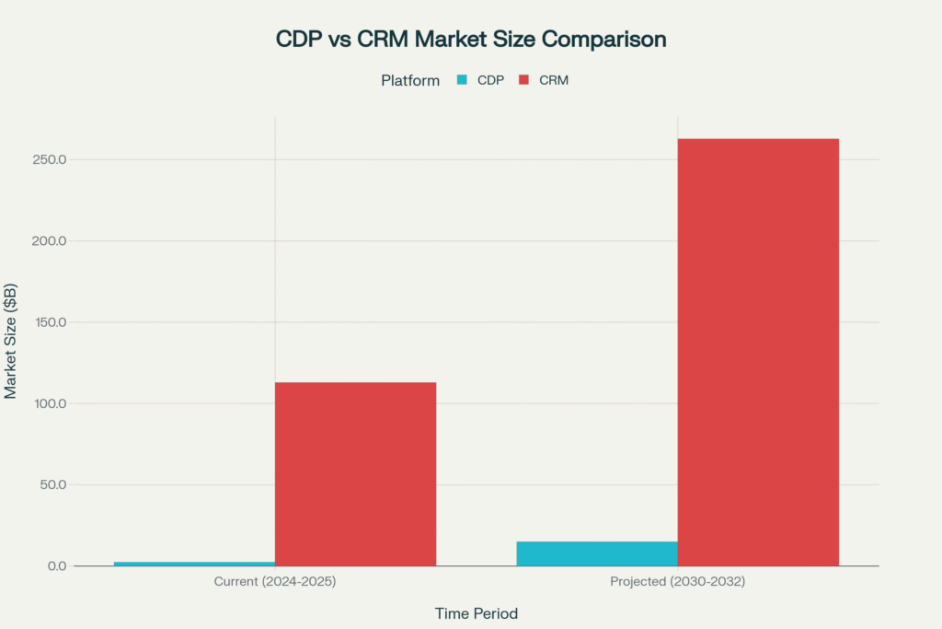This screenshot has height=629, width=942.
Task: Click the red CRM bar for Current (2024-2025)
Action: pos(355,473)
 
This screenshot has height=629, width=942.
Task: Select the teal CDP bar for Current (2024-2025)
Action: pos(194,563)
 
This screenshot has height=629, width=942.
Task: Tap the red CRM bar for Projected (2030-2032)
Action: pos(758,352)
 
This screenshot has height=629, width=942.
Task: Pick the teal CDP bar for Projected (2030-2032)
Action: pos(597,553)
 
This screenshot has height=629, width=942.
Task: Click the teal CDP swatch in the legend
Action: pos(462,80)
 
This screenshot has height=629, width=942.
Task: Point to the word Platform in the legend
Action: pos(410,80)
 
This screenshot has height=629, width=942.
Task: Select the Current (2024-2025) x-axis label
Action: pos(274,582)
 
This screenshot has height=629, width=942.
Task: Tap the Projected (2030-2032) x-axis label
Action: pos(677,582)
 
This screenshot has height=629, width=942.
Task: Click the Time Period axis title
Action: pos(476,613)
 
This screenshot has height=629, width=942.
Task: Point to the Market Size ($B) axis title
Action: pos(12,341)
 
